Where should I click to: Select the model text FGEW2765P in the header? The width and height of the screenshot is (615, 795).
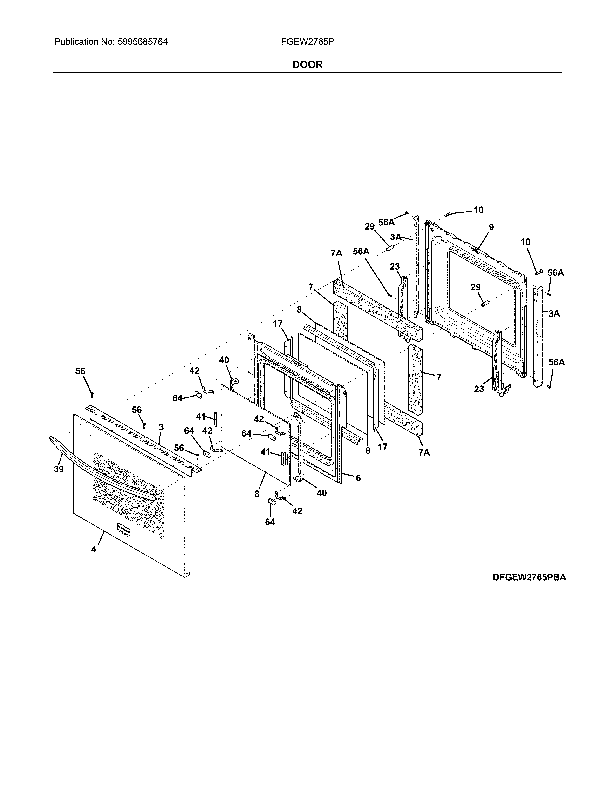pyautogui.click(x=307, y=42)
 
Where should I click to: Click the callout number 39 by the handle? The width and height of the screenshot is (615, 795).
pyautogui.click(x=59, y=469)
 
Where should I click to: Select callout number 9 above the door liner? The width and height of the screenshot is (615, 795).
pyautogui.click(x=491, y=227)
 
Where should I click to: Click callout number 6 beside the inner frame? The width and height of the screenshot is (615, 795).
pyautogui.click(x=358, y=478)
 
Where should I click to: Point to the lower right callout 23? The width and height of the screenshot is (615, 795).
pyautogui.click(x=479, y=389)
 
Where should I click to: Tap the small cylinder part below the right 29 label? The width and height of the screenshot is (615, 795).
pyautogui.click(x=484, y=303)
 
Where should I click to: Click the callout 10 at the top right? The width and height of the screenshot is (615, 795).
pyautogui.click(x=478, y=210)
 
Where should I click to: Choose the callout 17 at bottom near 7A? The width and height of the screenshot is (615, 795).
pyautogui.click(x=383, y=447)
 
